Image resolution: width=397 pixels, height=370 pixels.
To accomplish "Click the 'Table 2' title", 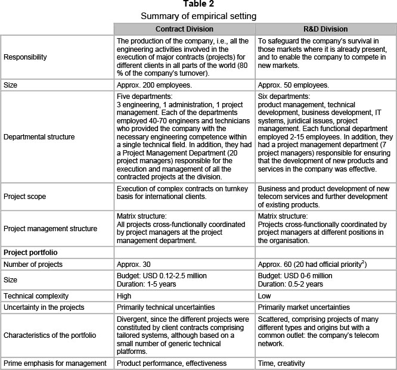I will click(198, 5).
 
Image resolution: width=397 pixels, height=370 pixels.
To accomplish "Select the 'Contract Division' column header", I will click(184, 29).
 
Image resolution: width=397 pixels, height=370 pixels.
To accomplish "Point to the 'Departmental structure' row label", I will click(39, 136).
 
